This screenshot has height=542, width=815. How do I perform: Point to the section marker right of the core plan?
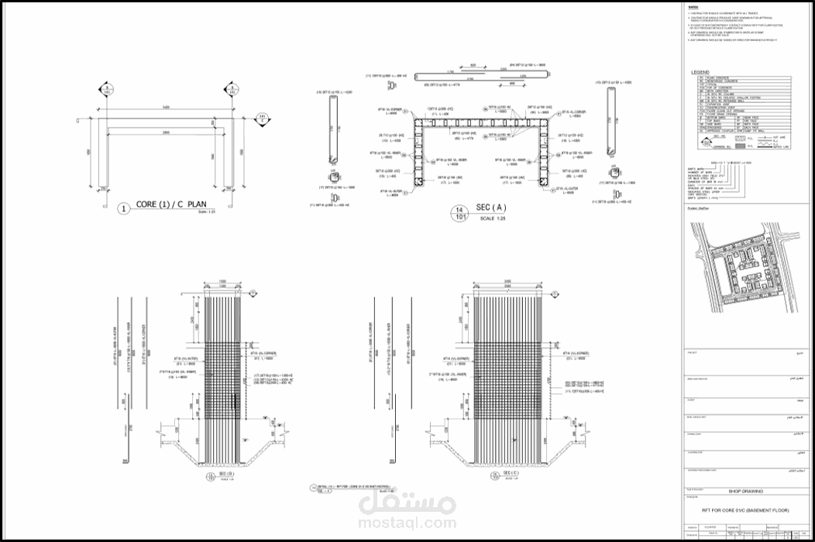pos(263,118)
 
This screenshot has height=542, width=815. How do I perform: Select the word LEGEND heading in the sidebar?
pos(700,72)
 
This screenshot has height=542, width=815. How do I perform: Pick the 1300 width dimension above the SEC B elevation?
pos(222,282)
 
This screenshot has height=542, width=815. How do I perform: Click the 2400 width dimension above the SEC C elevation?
pos(506,282)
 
